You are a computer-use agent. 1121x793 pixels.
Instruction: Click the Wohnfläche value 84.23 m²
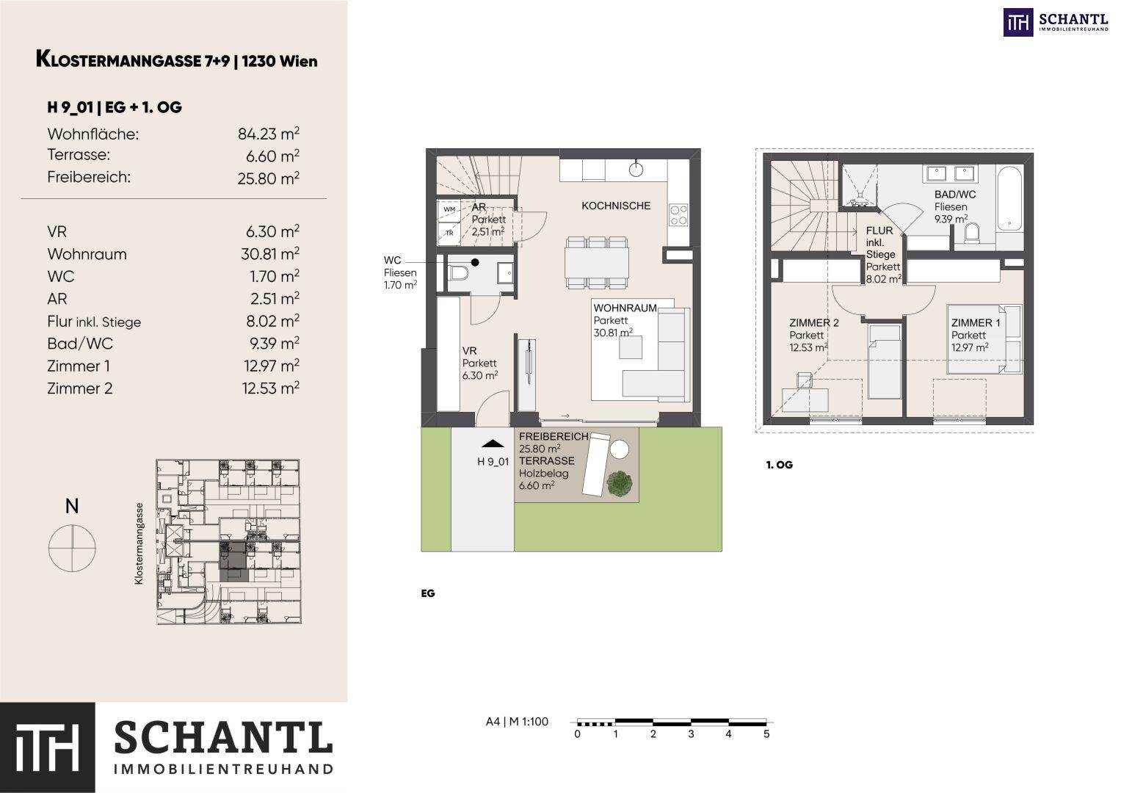pyautogui.click(x=269, y=134)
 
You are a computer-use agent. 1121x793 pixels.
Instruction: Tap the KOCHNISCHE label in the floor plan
pyautogui.click(x=616, y=206)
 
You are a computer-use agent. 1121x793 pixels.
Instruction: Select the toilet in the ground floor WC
pyautogui.click(x=458, y=274)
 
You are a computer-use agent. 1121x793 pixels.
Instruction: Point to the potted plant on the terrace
pyautogui.click(x=620, y=484)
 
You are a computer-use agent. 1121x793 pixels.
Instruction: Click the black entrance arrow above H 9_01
pyautogui.click(x=493, y=443)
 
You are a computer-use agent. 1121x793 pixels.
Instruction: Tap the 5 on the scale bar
pyautogui.click(x=766, y=734)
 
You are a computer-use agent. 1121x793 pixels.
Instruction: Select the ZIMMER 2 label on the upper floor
pyautogui.click(x=813, y=323)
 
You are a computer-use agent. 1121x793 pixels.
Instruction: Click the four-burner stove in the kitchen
pyautogui.click(x=678, y=214)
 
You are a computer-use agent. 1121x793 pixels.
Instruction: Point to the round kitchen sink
pyautogui.click(x=636, y=170)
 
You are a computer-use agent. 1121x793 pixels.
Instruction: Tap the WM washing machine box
pyautogui.click(x=449, y=210)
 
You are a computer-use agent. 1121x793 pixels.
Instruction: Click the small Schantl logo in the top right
pyautogui.click(x=1056, y=22)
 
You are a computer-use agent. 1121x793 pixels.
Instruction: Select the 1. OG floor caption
pyautogui.click(x=779, y=465)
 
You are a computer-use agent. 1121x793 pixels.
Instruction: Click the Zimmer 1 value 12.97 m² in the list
pyautogui.click(x=271, y=366)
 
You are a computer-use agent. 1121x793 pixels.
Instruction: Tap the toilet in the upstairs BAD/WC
pyautogui.click(x=973, y=233)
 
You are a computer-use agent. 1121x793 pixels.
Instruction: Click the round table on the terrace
pyautogui.click(x=619, y=449)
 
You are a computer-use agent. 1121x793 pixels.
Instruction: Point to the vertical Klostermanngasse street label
pyautogui.click(x=139, y=543)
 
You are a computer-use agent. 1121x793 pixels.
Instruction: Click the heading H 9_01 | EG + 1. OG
pyautogui.click(x=114, y=107)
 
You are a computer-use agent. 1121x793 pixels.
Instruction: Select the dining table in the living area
pyautogui.click(x=597, y=263)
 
